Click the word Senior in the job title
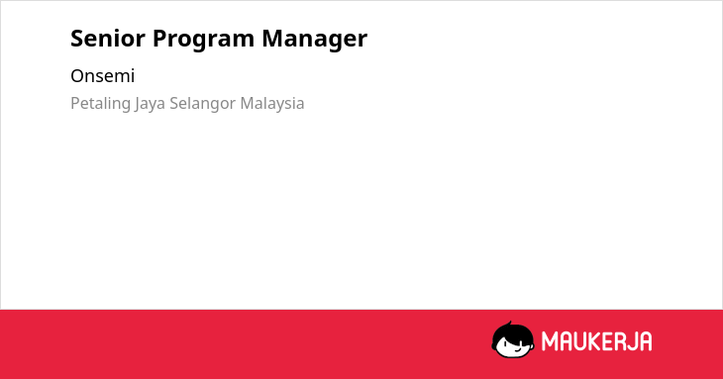tap(108, 39)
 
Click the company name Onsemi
tap(102, 76)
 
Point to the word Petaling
tap(100, 104)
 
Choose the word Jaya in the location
tap(151, 104)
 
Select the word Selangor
tap(203, 104)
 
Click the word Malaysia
tap(272, 104)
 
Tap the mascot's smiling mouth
tap(518, 350)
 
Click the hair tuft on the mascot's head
tap(509, 325)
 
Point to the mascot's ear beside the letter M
tap(532, 342)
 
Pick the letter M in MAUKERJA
tap(551, 341)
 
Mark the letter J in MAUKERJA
tap(637, 341)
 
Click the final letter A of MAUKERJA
tap(647, 341)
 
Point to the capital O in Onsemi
tap(77, 76)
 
